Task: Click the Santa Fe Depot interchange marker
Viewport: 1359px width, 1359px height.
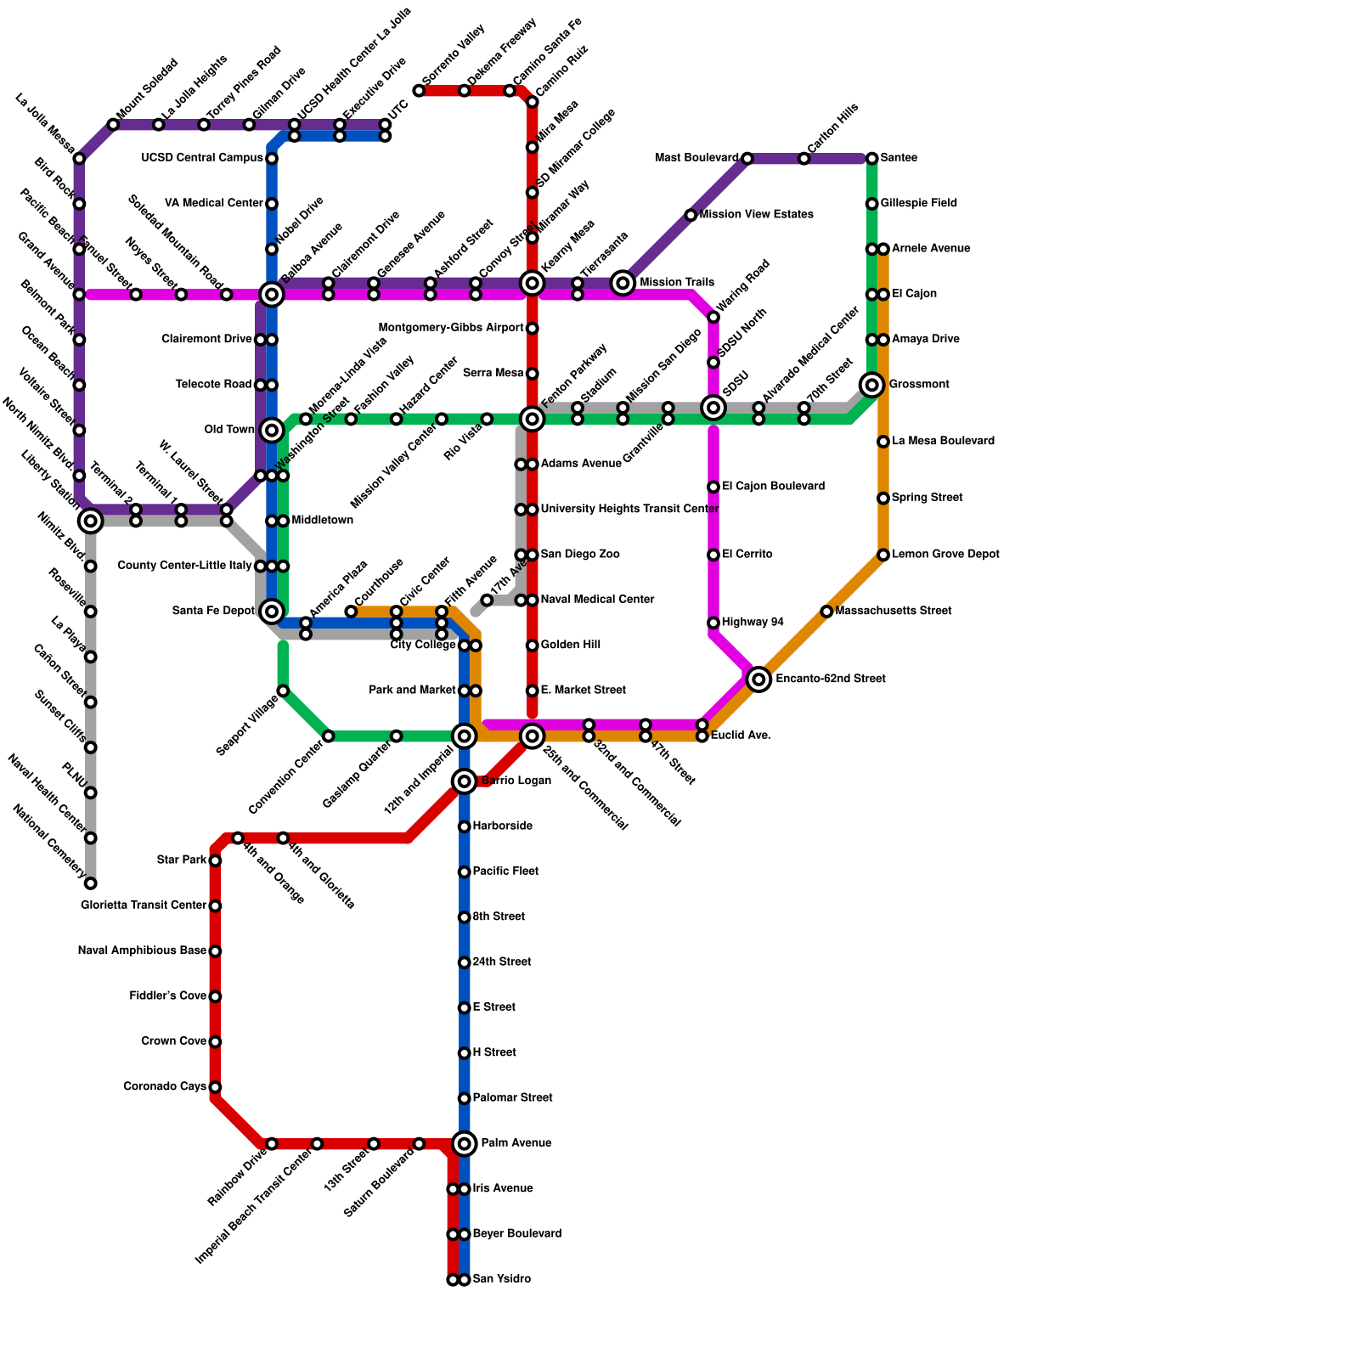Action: [272, 611]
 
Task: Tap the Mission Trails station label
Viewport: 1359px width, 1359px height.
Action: [676, 282]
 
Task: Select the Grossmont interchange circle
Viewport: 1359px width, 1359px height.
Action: [872, 385]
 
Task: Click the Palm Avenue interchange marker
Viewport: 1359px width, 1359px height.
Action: [464, 1143]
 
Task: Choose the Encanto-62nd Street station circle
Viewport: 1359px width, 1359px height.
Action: [758, 679]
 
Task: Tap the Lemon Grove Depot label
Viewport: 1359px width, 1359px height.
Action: [945, 555]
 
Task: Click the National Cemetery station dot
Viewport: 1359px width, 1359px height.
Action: [91, 883]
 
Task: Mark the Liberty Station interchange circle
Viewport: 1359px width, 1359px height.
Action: [91, 520]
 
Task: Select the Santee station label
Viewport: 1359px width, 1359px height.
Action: [899, 158]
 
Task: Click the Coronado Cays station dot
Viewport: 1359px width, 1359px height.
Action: [216, 1087]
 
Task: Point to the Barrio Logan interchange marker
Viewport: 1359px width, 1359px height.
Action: [464, 781]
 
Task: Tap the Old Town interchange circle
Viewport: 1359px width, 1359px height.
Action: [272, 430]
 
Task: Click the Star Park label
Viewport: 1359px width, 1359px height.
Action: [182, 860]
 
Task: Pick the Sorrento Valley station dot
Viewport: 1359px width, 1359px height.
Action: [419, 91]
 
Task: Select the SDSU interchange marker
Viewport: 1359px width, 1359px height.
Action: [713, 408]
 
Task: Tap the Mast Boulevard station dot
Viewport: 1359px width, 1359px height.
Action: [747, 158]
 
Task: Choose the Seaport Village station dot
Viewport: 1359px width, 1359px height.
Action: [283, 691]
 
